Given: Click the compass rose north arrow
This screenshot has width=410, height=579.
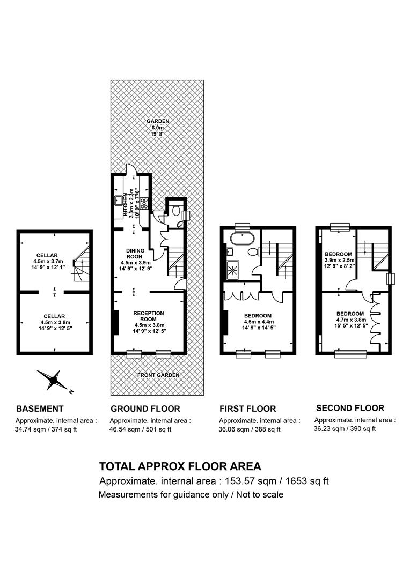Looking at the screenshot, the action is tap(54, 380).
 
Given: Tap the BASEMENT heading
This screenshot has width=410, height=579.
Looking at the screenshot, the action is tap(40, 409).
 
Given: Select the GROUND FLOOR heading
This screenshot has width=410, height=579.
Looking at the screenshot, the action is tap(145, 409).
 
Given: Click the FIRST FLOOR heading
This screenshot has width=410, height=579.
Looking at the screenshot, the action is tap(248, 409).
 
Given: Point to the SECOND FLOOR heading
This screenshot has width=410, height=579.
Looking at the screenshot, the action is tap(350, 408).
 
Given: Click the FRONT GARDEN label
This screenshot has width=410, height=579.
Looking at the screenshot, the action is tap(158, 375).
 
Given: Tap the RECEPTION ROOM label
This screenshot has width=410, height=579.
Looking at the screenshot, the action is tap(149, 316).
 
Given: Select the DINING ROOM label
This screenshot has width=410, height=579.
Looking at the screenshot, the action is tap(135, 253).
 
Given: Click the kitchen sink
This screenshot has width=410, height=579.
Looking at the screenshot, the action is tap(119, 200).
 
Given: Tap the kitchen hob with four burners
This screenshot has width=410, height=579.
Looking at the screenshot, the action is tap(144, 203).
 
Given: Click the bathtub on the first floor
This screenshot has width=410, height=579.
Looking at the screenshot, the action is tap(242, 239).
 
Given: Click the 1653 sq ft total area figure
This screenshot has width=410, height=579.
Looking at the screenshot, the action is tap(307, 481).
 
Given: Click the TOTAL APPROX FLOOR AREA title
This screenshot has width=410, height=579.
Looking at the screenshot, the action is tap(180, 466).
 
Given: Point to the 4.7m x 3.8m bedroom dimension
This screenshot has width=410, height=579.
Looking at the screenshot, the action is tap(351, 320).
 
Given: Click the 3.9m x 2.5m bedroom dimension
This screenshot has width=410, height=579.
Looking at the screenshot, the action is tap(339, 260).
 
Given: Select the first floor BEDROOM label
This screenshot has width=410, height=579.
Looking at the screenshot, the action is tap(258, 316).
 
